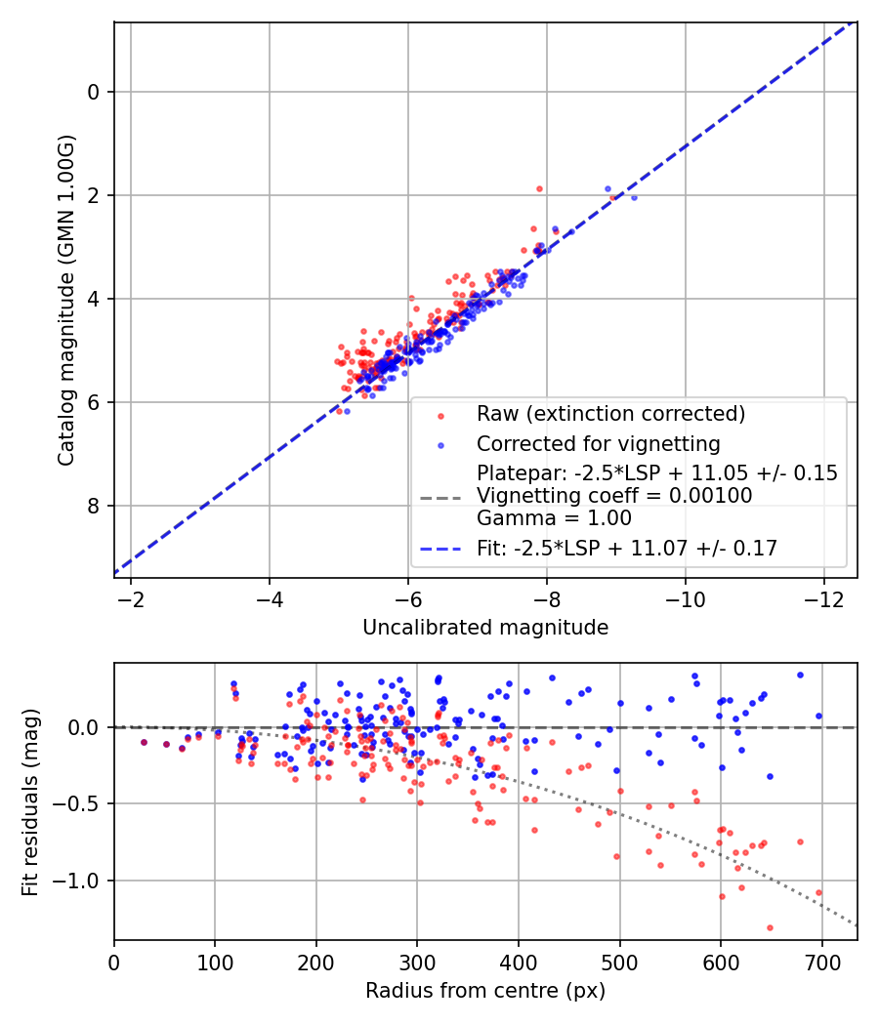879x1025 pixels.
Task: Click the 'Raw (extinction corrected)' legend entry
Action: pos(610,414)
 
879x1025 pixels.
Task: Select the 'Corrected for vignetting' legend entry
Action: pos(598,445)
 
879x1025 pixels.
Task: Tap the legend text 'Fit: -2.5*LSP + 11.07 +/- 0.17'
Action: pos(627,549)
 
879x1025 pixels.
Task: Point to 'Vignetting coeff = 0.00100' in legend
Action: pos(614,496)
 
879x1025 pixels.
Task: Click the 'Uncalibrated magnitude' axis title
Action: pos(485,628)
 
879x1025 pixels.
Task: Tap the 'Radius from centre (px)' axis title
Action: pos(485,991)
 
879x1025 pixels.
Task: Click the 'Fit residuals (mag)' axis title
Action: pos(30,801)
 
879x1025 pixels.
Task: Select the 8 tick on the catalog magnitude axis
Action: pos(95,506)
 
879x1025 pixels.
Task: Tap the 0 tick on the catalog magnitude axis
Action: pos(95,92)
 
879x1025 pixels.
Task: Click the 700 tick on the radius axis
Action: pos(821,962)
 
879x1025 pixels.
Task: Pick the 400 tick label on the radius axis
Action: pos(519,962)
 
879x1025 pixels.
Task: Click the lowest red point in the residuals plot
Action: pos(770,927)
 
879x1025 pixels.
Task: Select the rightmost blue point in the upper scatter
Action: pos(634,197)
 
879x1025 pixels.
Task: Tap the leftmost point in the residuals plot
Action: pos(144,742)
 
